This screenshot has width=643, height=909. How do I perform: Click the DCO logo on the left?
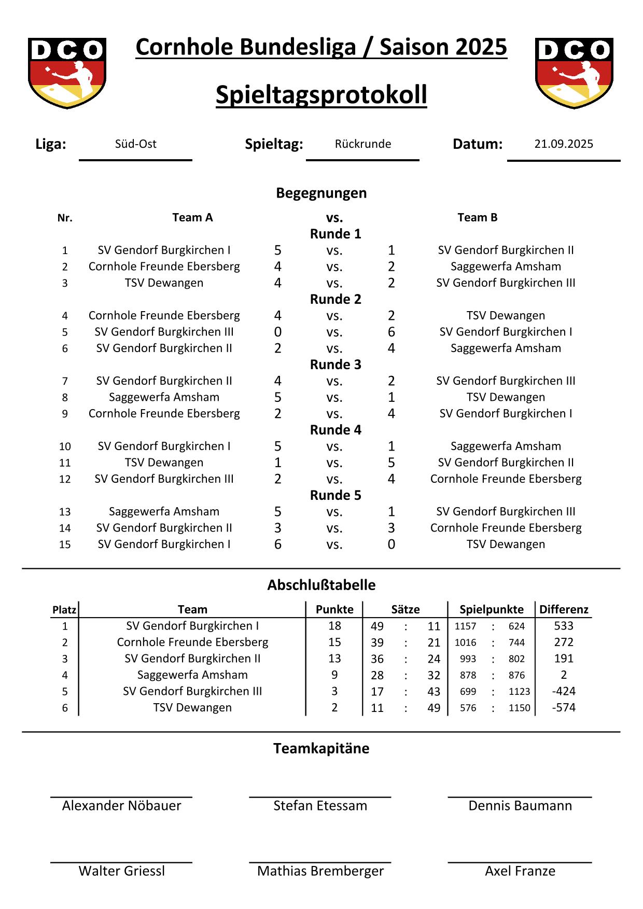(x=67, y=73)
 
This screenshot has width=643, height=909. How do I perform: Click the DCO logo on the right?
(x=574, y=73)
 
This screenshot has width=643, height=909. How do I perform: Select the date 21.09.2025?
(x=564, y=144)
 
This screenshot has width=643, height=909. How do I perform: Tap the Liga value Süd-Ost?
(x=135, y=144)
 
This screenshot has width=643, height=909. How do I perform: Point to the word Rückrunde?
(x=363, y=144)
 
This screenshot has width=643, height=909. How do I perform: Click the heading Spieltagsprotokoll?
(x=321, y=95)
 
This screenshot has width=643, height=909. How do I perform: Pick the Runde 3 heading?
(x=336, y=365)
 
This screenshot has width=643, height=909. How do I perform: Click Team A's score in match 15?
(x=278, y=544)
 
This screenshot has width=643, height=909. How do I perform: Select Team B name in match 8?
(x=506, y=397)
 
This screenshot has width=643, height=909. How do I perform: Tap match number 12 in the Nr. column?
(x=65, y=479)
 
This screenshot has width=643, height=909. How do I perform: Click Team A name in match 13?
(x=164, y=511)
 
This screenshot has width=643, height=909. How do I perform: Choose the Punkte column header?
(x=334, y=609)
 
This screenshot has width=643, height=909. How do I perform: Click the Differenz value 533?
(x=564, y=626)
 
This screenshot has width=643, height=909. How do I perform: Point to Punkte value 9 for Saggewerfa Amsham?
(x=334, y=675)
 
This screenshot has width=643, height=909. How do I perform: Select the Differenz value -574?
(x=564, y=707)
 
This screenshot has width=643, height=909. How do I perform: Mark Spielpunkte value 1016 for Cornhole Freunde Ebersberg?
(x=465, y=642)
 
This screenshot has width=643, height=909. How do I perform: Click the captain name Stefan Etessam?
(x=320, y=805)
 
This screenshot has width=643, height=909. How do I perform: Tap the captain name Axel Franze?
(x=520, y=871)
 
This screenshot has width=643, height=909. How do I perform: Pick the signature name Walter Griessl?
(x=121, y=871)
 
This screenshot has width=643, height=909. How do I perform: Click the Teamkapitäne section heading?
(x=321, y=748)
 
